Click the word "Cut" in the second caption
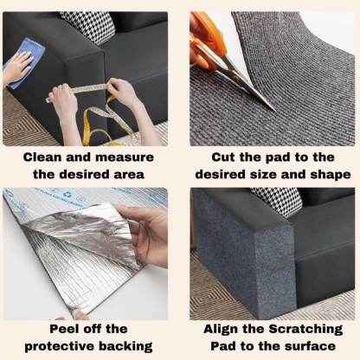(226, 157)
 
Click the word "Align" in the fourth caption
(223, 329)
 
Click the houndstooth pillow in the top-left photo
(87, 25)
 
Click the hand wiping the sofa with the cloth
(16, 71)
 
